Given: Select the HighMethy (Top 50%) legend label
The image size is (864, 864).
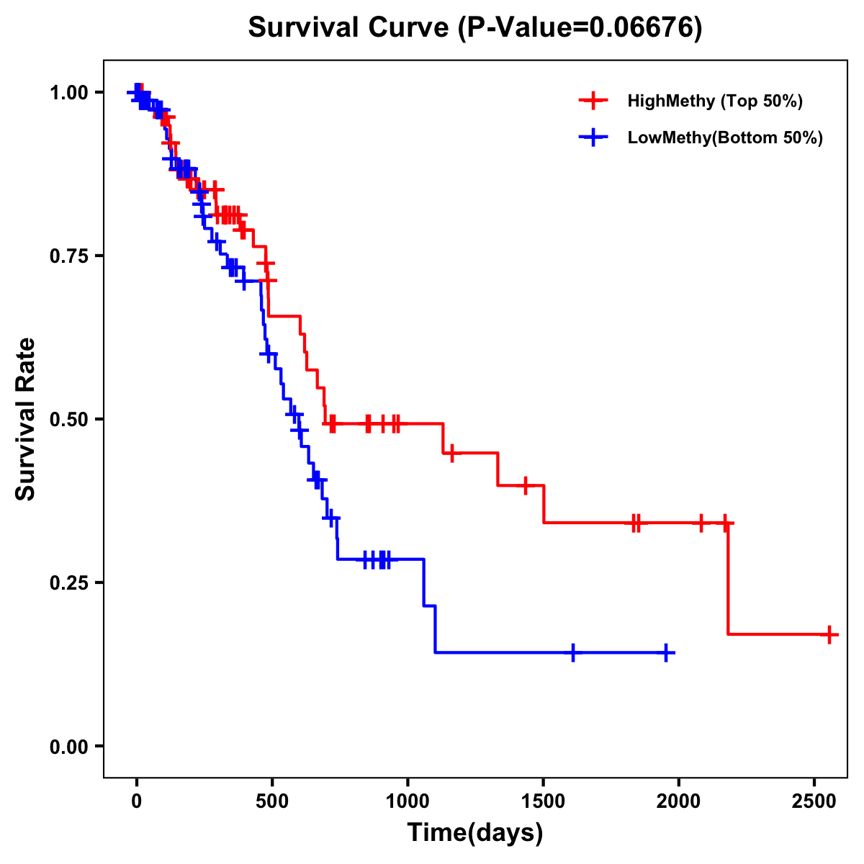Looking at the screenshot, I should pyautogui.click(x=714, y=101).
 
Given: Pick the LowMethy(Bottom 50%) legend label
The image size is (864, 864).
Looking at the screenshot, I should pyautogui.click(x=725, y=138).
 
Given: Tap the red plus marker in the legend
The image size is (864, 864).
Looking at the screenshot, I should pyautogui.click(x=593, y=101).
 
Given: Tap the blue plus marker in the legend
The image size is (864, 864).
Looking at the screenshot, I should pyautogui.click(x=593, y=138).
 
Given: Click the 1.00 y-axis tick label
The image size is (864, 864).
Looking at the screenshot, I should pyautogui.click(x=68, y=92).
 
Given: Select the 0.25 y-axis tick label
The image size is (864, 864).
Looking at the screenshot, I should pyautogui.click(x=68, y=582).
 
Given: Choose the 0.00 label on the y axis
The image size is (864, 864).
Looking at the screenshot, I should pyautogui.click(x=68, y=746).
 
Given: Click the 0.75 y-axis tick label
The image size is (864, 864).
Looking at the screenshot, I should pyautogui.click(x=68, y=256).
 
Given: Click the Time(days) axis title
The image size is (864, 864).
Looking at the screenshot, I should pyautogui.click(x=475, y=833).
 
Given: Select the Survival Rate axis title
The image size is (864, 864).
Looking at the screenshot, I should pyautogui.click(x=26, y=419).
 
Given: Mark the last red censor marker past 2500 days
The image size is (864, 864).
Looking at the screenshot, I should pyautogui.click(x=829, y=634).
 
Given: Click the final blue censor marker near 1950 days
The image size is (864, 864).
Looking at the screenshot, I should pyautogui.click(x=667, y=652).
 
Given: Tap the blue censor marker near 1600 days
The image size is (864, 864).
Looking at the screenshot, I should pyautogui.click(x=573, y=652).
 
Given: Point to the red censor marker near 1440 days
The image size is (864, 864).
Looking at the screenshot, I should pyautogui.click(x=526, y=485).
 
